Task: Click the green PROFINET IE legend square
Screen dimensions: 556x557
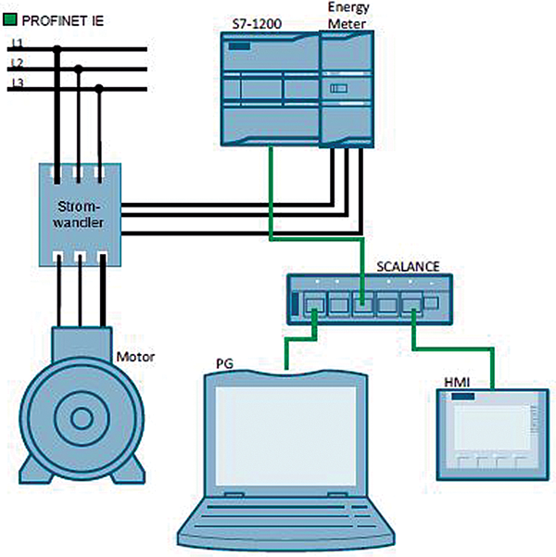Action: (9, 19)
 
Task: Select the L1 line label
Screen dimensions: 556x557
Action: (17, 43)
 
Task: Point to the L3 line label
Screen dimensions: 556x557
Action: (17, 82)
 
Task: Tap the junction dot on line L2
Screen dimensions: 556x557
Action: (79, 69)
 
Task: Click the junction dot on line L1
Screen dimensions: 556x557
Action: (57, 49)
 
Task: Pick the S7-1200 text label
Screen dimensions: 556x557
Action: (257, 24)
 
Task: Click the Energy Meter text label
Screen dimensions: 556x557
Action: (348, 16)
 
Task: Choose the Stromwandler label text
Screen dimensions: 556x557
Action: (79, 214)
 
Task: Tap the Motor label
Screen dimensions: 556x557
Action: (135, 357)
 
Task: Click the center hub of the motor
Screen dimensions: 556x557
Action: (82, 419)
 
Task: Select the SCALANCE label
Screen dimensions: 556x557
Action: (408, 266)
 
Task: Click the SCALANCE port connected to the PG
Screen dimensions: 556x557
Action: (314, 304)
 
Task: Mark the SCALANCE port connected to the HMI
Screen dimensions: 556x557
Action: (412, 304)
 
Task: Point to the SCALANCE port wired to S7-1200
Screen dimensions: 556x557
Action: (363, 304)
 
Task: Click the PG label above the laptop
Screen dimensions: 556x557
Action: (224, 363)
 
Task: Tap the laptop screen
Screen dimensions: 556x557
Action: (285, 436)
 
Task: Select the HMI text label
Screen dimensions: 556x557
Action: (457, 383)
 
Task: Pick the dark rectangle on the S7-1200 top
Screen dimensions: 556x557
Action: (239, 45)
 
